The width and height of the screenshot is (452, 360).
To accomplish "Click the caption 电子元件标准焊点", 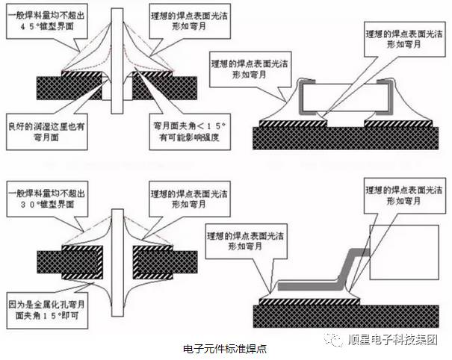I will click(x=226, y=348).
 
